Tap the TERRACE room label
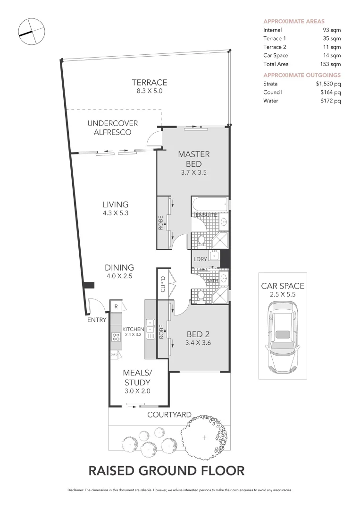pos(149,83)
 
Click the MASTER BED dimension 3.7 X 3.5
pos(193,172)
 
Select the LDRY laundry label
pos(199,259)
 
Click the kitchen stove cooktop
pos(116,337)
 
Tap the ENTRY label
pos(97,320)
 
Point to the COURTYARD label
pos(169,415)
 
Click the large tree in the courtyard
pos(204,438)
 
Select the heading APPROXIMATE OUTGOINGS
pos(301,75)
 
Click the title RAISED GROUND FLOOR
pos(167,470)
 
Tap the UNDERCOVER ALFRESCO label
pos(112,127)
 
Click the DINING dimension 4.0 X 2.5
pos(119,276)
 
